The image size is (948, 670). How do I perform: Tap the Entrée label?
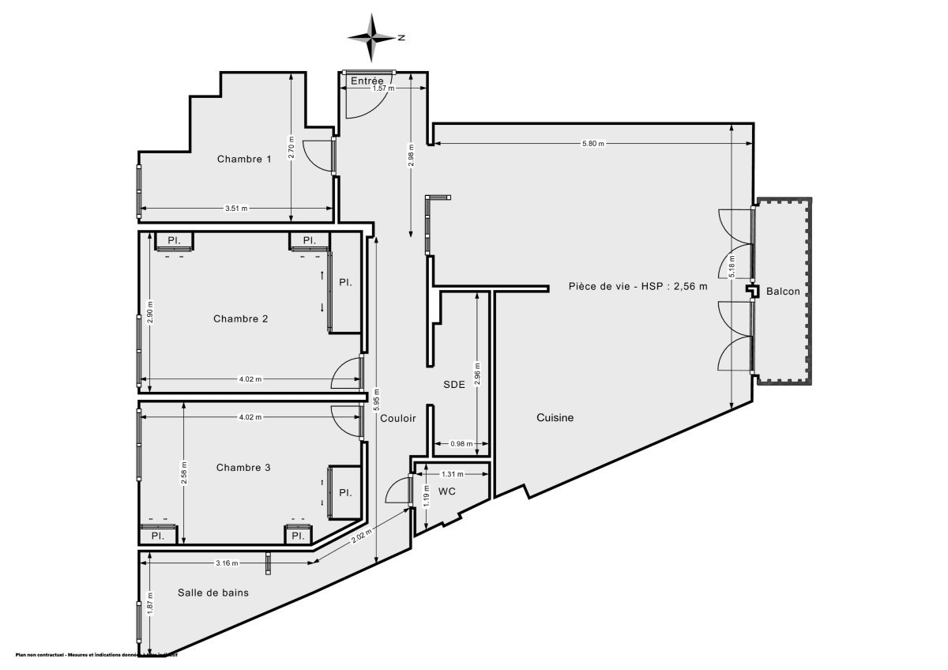367,81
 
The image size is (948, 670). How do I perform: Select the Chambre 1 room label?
245,159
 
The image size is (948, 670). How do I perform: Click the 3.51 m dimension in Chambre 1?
236,209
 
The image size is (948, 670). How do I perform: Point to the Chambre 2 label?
241,319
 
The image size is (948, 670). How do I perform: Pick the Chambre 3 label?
243,468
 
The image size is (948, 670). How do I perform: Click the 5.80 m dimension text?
592,144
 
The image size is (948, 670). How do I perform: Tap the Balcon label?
783,292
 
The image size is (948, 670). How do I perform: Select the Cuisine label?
555,418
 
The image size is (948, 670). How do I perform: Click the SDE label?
453,384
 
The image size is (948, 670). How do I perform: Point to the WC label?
447,491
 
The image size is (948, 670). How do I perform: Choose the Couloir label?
397,419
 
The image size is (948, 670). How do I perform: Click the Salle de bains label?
213,593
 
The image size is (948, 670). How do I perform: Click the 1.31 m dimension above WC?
453,474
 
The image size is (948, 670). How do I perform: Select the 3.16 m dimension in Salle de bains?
227,563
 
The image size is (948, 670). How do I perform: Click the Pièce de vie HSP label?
638,286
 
